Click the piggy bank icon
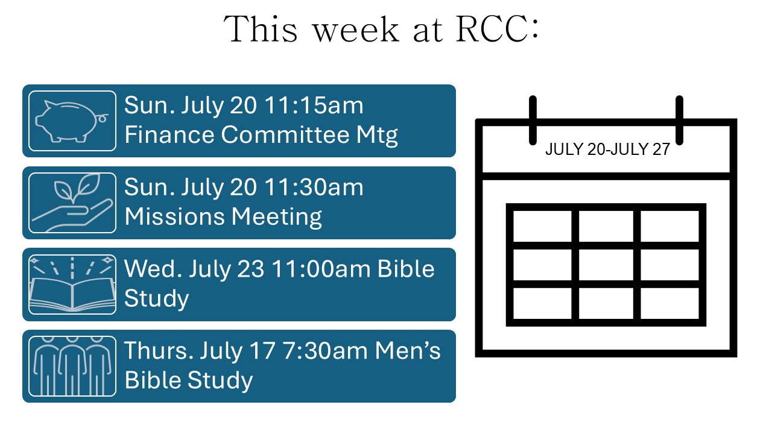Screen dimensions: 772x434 click(72, 121)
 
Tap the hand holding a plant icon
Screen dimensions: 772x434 click(72, 203)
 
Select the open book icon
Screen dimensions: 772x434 click(72, 285)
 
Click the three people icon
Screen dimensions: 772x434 click(72, 366)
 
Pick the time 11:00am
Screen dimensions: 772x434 click(321, 269)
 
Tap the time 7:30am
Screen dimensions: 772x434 click(325, 351)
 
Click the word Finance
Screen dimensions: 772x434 click(169, 134)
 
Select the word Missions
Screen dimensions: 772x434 click(174, 216)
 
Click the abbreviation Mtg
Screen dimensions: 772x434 click(377, 136)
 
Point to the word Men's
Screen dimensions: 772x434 click(408, 351)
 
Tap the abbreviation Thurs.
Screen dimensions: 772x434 click(159, 351)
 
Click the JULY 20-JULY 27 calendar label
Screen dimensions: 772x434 click(607, 149)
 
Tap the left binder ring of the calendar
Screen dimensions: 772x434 click(533, 120)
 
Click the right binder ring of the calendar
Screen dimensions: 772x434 click(679, 120)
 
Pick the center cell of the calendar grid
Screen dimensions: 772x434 click(606, 265)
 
